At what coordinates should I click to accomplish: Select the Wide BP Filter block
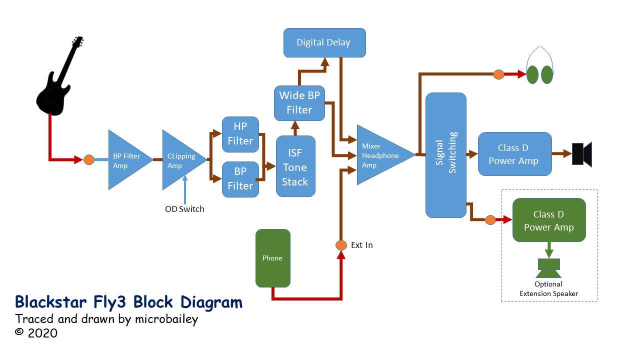click(x=299, y=102)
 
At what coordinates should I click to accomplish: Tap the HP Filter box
click(x=240, y=134)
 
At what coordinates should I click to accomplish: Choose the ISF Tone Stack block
click(x=295, y=166)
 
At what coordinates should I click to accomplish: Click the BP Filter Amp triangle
click(x=125, y=160)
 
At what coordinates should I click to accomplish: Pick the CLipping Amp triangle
click(x=179, y=160)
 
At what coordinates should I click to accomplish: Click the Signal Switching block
click(x=445, y=155)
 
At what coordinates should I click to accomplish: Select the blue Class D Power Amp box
click(x=514, y=154)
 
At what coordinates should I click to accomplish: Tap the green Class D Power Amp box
click(x=548, y=220)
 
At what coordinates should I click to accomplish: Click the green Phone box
click(x=272, y=258)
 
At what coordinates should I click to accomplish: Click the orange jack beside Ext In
click(x=340, y=245)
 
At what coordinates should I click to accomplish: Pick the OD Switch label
click(x=184, y=209)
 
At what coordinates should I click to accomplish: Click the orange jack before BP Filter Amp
click(x=88, y=160)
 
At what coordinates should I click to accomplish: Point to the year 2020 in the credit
click(x=42, y=333)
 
